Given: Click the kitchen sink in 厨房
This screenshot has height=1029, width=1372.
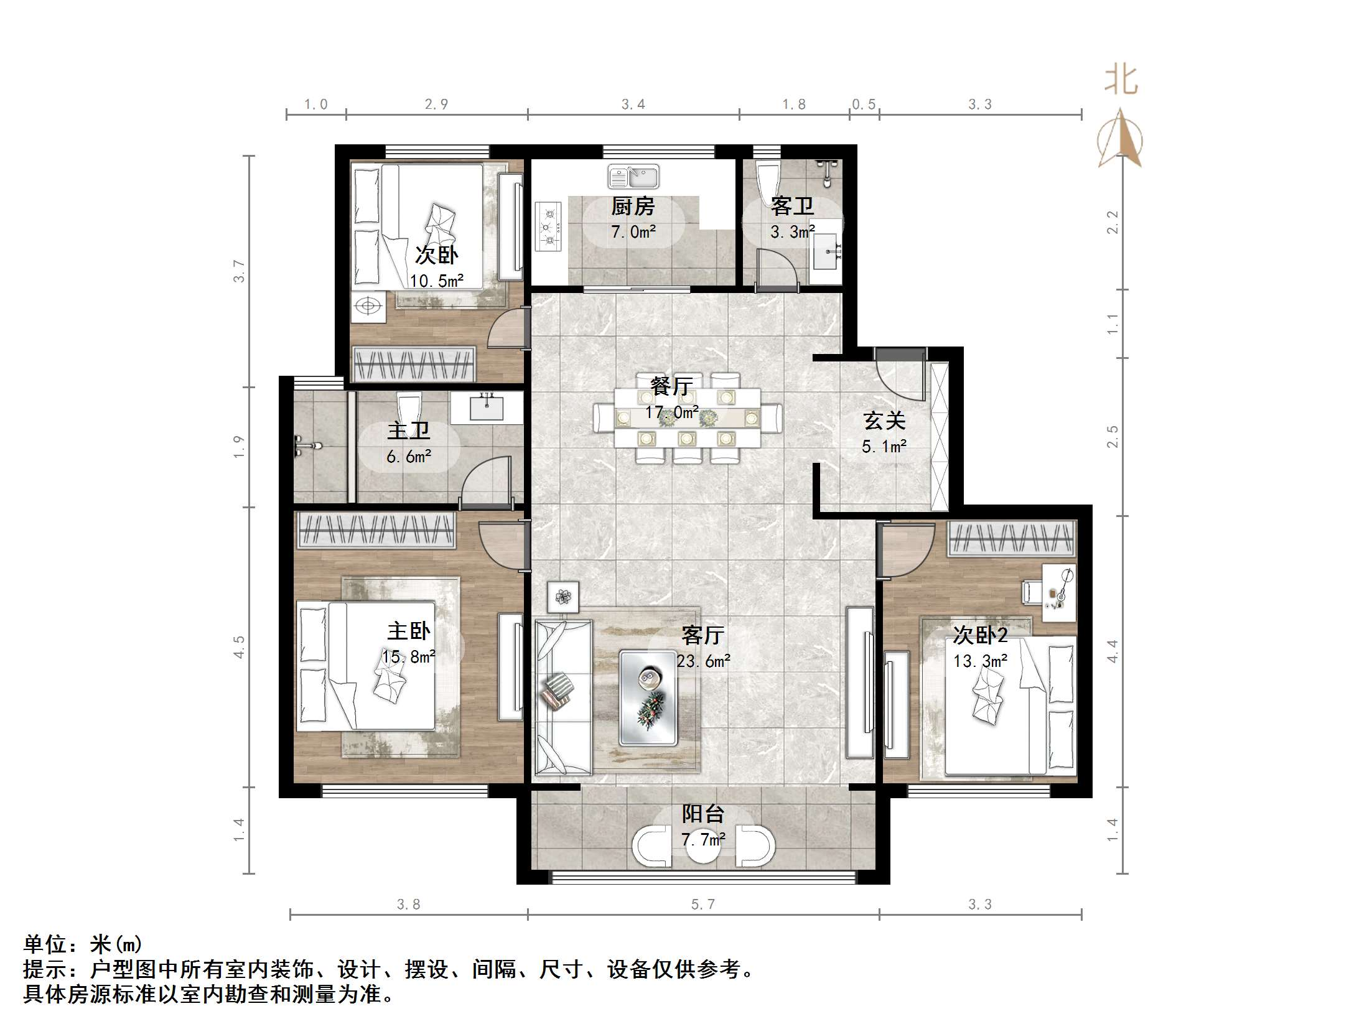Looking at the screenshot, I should point(633,177).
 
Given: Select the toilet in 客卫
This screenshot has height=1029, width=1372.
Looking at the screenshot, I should point(767,180).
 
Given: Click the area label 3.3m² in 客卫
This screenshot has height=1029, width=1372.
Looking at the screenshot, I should point(791,232).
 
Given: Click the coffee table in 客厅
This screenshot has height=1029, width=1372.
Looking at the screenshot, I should point(648,697).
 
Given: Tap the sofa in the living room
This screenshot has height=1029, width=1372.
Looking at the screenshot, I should point(563,697).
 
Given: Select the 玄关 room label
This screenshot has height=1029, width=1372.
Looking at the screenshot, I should point(884,421).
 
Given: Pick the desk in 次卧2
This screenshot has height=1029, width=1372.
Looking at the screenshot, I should point(1059,592).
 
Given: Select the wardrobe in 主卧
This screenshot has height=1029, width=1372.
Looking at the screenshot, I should point(377,530).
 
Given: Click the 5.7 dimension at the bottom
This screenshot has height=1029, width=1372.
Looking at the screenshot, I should point(703,904).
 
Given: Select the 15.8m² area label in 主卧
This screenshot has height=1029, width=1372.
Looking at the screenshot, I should point(409,656).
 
